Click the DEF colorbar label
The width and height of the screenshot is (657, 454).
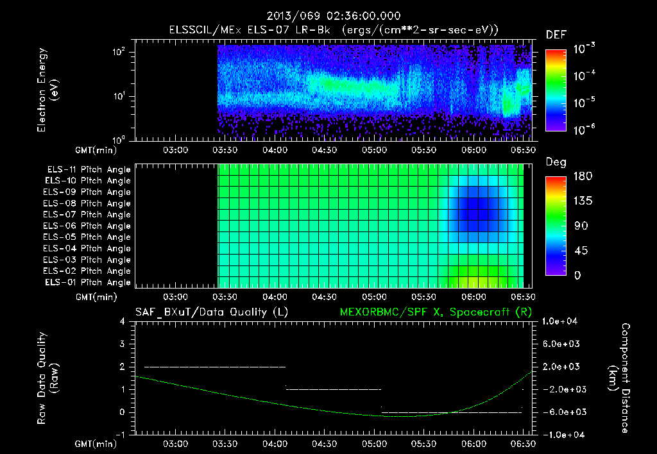[x=556, y=36]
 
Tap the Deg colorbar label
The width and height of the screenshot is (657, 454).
[x=556, y=162]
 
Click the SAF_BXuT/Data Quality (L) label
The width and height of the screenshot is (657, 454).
[x=211, y=312]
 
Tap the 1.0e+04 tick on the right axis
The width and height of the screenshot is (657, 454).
[x=561, y=321]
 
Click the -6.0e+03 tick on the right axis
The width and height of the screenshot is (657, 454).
[x=561, y=412]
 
